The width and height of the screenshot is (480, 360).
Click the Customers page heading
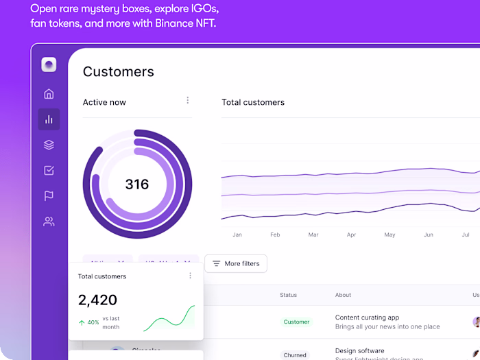tap(119, 72)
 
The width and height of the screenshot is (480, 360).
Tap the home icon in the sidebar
tap(49, 94)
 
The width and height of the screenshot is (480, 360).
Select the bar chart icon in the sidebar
tap(49, 119)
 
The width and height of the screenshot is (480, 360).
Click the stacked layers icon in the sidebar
tap(49, 145)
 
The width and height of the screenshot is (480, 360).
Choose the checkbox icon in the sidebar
tap(49, 170)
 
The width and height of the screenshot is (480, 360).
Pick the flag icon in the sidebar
tap(49, 196)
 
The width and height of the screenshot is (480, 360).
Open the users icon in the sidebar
tap(49, 221)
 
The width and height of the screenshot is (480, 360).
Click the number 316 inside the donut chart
tap(137, 184)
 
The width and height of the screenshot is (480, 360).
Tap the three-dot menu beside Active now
tap(188, 101)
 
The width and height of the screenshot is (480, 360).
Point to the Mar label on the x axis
tap(313, 235)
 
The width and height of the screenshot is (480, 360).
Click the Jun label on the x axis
tap(429, 235)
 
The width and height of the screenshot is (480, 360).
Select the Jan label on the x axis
tap(237, 235)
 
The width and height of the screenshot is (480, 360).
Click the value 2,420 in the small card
tap(97, 300)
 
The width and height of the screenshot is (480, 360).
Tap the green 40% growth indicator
tap(88, 322)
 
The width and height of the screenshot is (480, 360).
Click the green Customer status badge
tap(296, 322)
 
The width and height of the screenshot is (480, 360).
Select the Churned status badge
tap(295, 355)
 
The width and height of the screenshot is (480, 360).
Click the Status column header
tap(288, 295)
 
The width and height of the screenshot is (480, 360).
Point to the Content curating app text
tap(367, 317)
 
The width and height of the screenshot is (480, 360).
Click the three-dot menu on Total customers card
tap(191, 276)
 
